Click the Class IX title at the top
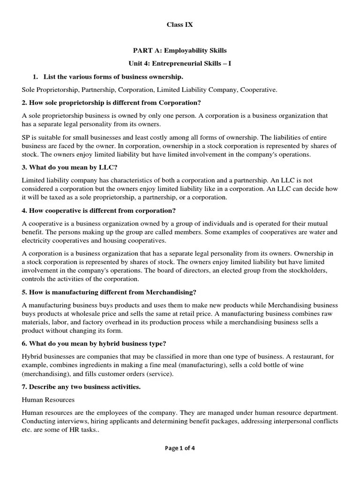[180, 25]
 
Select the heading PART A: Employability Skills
[180, 51]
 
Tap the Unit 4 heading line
[180, 63]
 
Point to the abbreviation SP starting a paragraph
[27, 137]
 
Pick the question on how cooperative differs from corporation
[99, 210]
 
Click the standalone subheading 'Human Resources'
[48, 400]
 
